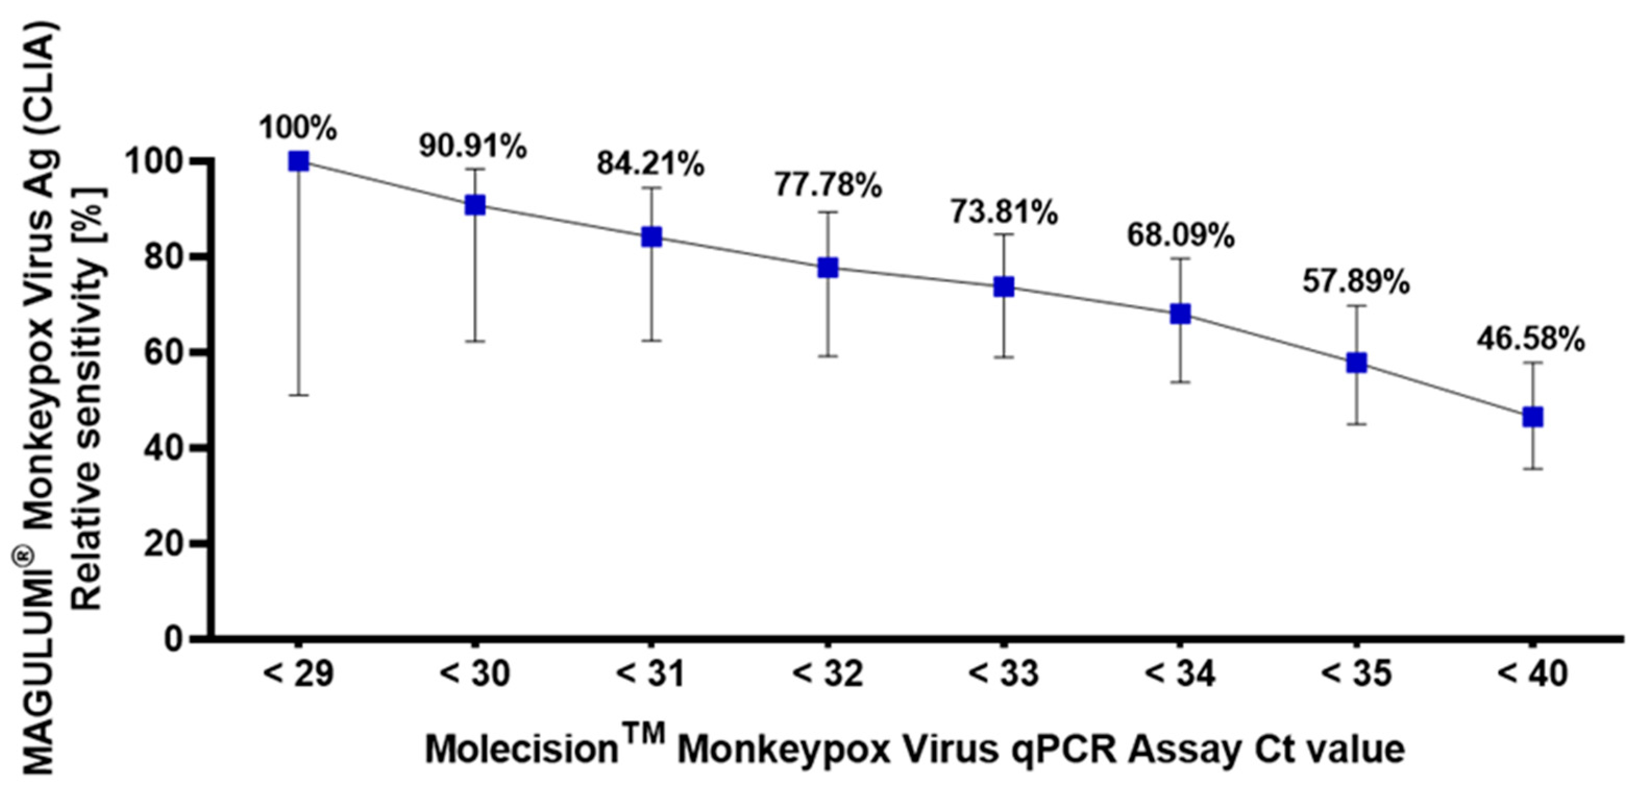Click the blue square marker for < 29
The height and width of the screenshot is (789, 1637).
tap(298, 161)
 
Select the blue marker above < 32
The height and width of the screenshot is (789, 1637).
tap(828, 268)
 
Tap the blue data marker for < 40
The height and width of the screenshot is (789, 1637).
tap(1533, 417)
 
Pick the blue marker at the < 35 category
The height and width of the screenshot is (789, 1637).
tap(1356, 363)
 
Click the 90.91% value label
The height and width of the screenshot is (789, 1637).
tap(472, 147)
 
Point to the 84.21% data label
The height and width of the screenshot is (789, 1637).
tap(650, 165)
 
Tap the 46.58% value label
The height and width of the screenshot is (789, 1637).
tap(1530, 340)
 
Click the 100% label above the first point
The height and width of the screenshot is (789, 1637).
tap(298, 129)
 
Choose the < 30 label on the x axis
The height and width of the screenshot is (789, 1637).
tap(475, 674)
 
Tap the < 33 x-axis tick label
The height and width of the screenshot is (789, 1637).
tap(1003, 674)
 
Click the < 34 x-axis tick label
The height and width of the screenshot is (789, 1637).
tap(1180, 674)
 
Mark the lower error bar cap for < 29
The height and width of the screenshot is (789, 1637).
tap(298, 395)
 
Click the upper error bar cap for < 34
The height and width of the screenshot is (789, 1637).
tap(1180, 258)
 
